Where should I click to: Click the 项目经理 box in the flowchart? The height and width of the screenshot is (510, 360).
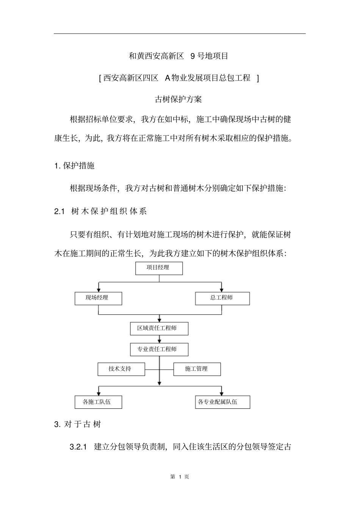[x=159, y=268]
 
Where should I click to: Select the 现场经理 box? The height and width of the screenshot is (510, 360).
[x=98, y=298]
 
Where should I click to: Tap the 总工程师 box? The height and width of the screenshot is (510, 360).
[x=222, y=298]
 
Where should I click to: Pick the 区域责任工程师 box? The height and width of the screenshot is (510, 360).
[x=159, y=328]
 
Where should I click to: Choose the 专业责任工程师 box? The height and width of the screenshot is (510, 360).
[x=159, y=350]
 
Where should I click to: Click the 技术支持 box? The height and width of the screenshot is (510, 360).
[x=121, y=369]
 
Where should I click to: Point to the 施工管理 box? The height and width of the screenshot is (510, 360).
[x=197, y=369]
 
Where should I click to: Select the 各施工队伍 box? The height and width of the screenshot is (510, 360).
[x=98, y=402]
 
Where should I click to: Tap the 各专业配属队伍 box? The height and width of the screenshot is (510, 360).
[x=222, y=402]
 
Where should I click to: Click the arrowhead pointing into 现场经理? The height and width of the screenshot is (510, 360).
[x=99, y=290]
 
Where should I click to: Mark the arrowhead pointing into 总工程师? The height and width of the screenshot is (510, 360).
[x=222, y=290]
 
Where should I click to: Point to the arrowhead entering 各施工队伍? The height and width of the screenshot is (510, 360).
[x=99, y=393]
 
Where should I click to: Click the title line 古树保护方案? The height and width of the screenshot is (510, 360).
[x=178, y=99]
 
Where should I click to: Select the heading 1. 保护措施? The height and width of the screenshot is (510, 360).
[x=74, y=166]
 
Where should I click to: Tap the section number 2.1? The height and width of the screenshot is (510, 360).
[x=60, y=212]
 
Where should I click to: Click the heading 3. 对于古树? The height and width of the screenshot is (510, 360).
[x=78, y=424]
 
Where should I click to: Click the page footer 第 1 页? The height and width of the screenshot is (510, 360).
[x=180, y=477]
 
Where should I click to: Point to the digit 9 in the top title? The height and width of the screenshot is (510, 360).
[x=193, y=56]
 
